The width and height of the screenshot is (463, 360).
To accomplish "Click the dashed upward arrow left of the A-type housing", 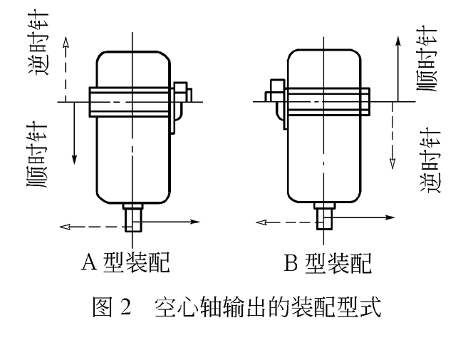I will pos(65,68).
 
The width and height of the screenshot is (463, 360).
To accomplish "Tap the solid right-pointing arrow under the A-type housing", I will pos(171,222).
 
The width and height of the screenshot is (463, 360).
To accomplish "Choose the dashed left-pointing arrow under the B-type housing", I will pos(285,222).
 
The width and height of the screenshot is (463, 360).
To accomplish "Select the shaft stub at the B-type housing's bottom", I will pos(324,213).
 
